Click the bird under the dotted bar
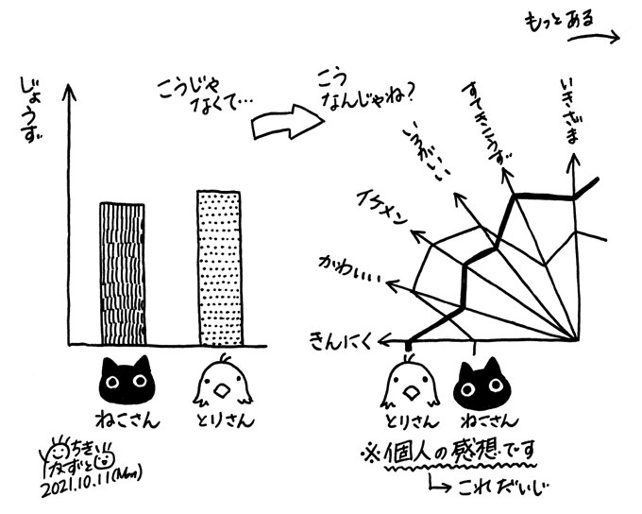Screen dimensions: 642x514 (220, 381)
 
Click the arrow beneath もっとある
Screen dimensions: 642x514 (589, 38)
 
